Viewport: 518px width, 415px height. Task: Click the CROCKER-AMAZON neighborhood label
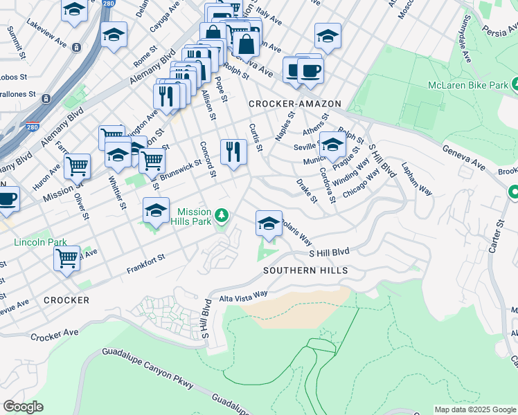tap(295, 104)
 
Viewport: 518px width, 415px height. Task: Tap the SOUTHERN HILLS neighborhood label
tap(305, 270)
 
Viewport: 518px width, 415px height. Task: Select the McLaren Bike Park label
tap(468, 85)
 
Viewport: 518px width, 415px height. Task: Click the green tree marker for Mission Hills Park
tap(222, 216)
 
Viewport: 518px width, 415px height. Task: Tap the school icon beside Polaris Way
tap(269, 223)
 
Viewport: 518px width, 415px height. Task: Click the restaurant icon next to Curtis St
tap(233, 151)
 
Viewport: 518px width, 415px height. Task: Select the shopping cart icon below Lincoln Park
tap(66, 259)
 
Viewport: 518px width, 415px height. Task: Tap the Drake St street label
tap(306, 191)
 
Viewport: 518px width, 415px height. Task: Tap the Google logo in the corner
tap(23, 407)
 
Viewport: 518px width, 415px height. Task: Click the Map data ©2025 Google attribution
tap(475, 409)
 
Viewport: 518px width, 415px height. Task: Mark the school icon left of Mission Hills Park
tap(157, 210)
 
